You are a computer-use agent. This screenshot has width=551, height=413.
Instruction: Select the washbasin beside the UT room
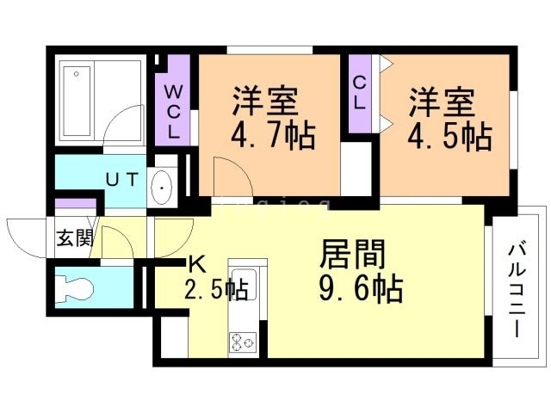[161, 185]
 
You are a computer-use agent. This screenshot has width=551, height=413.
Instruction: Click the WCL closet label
[173, 112]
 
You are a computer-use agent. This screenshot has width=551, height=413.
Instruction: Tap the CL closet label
[359, 91]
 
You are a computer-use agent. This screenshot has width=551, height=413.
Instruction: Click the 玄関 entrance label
[75, 238]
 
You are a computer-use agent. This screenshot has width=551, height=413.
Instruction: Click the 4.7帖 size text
[271, 135]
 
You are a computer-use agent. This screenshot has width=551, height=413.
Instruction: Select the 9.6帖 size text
[361, 289]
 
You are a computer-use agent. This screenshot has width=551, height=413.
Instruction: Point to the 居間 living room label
[353, 255]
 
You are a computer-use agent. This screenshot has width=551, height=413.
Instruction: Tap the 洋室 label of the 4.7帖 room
[264, 102]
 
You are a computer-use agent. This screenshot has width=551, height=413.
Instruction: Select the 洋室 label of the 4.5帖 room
[442, 102]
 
